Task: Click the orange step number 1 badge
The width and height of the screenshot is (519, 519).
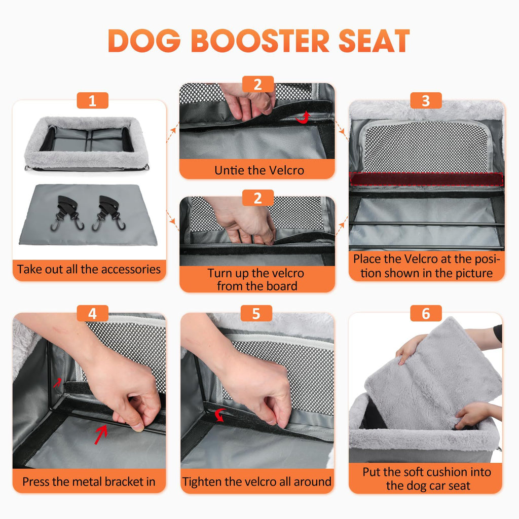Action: coord(92,100)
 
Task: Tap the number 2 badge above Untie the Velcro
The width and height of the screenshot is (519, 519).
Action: coord(257,84)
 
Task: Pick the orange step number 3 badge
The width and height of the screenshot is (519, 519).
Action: coord(425,100)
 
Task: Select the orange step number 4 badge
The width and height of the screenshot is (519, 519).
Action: coord(92,313)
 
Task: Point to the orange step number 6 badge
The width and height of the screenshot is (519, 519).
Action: coord(425,313)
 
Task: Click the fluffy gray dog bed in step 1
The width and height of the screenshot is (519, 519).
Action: coord(86,142)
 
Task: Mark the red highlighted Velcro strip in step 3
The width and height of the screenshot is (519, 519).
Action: coord(426,179)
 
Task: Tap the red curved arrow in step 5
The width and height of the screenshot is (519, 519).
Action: coord(219,416)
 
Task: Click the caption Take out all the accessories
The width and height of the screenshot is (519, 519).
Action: coord(89,269)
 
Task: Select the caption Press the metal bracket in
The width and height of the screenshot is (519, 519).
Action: coord(89,481)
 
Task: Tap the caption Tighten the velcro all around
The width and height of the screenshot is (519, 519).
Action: coord(257,481)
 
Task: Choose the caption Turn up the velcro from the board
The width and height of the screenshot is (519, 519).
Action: coord(257,279)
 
